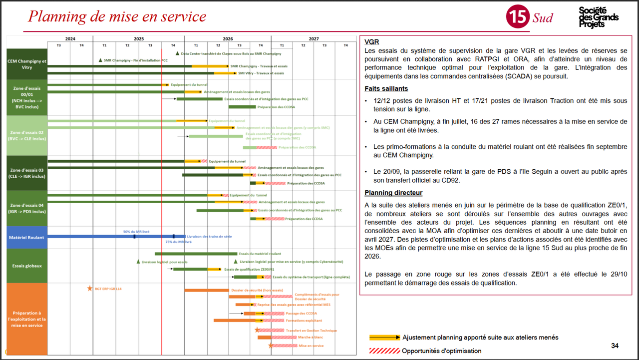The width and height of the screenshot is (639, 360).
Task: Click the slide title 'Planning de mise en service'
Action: click(117, 16)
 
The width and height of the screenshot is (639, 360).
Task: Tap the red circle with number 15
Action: click(517, 17)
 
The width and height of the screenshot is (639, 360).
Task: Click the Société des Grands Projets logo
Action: click(598, 17)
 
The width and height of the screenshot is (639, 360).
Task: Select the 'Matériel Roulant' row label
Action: click(26, 237)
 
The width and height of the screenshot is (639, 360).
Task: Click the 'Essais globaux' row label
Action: click(26, 266)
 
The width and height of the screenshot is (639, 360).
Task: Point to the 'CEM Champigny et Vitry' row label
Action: click(26, 64)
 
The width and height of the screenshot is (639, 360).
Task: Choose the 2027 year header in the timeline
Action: click(314, 38)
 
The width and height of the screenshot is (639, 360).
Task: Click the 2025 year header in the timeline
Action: click(138, 38)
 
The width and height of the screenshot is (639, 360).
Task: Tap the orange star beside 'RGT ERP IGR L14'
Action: click(90, 288)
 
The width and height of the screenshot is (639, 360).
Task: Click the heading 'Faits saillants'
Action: click(386, 89)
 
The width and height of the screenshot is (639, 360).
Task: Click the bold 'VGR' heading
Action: click(372, 42)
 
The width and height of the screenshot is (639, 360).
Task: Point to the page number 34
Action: click(615, 346)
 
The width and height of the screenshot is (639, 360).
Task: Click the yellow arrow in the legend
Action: click(384, 338)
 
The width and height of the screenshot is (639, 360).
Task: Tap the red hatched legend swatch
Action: click(384, 351)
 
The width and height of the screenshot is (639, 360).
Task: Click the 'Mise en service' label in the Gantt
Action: click(311, 346)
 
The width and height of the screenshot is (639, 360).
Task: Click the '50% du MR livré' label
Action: click(136, 232)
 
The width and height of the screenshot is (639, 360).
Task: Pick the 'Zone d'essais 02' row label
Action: click(26, 135)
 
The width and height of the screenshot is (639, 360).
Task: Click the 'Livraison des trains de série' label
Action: click(209, 236)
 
